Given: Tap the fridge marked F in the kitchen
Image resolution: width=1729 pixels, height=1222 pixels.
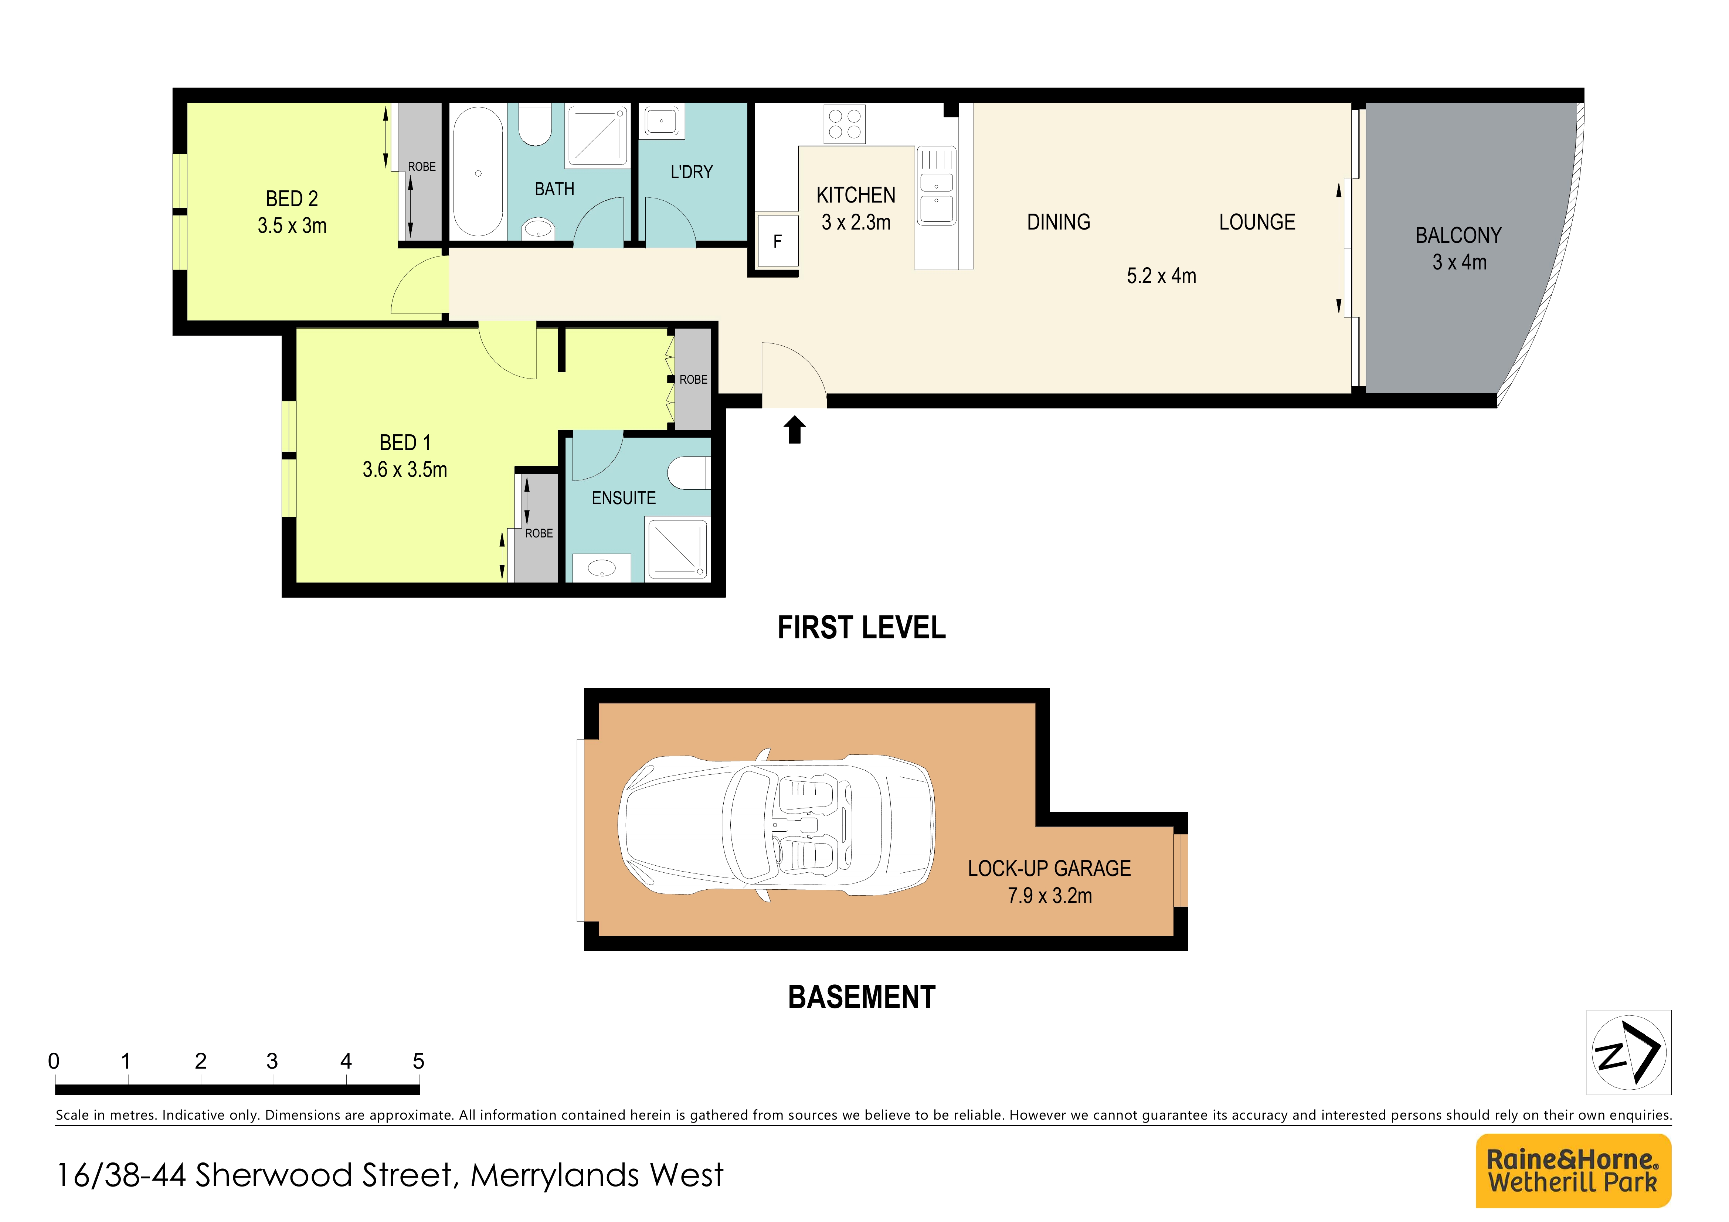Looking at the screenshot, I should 777,241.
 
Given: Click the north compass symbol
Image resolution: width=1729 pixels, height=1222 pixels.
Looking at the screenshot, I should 1628,1052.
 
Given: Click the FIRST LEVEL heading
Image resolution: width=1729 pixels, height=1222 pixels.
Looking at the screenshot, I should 861,627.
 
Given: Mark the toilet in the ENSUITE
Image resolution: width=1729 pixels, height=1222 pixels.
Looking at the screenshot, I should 688,473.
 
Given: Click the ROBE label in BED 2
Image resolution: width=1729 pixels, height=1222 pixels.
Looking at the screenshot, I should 422,166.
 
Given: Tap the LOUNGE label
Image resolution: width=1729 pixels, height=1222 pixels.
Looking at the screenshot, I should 1257,222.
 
